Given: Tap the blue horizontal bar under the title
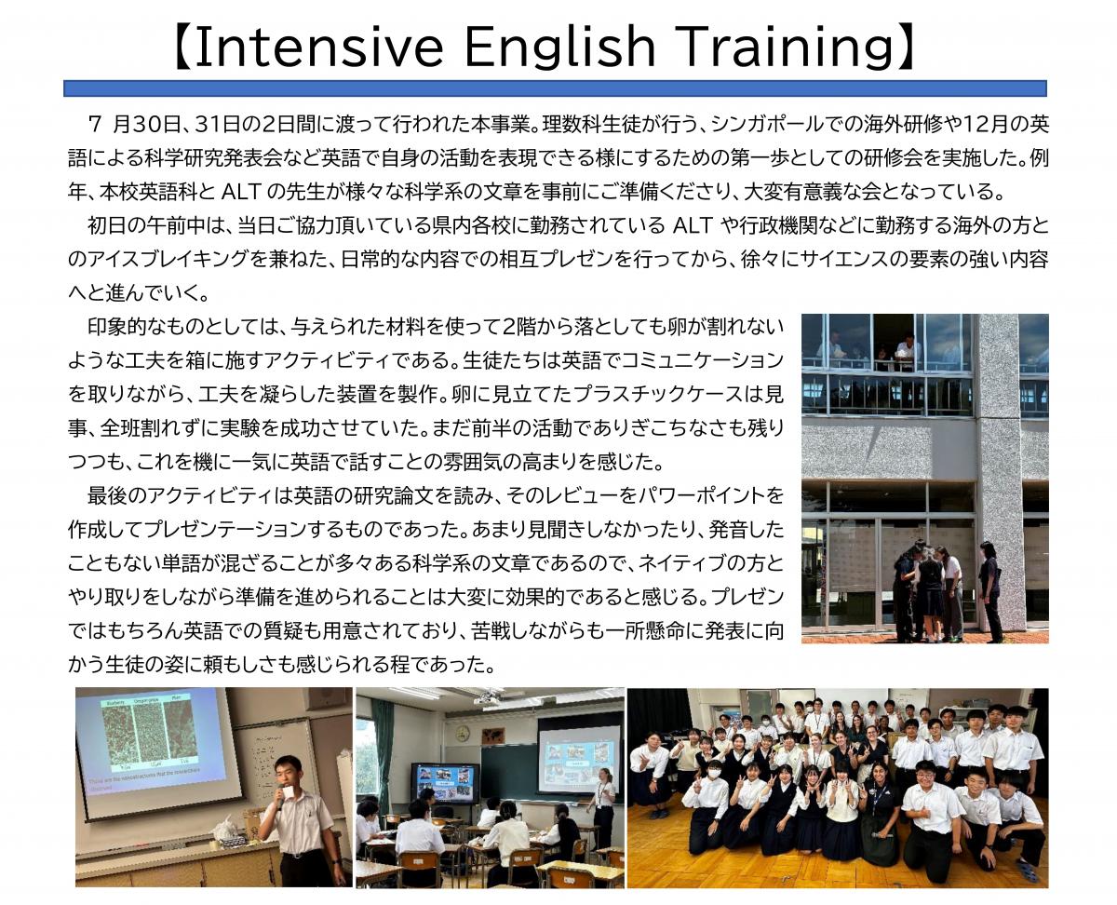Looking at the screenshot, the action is tap(555, 88).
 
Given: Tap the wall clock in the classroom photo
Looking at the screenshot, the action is tap(462, 733).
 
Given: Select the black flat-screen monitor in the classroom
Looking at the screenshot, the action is tap(445, 783).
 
